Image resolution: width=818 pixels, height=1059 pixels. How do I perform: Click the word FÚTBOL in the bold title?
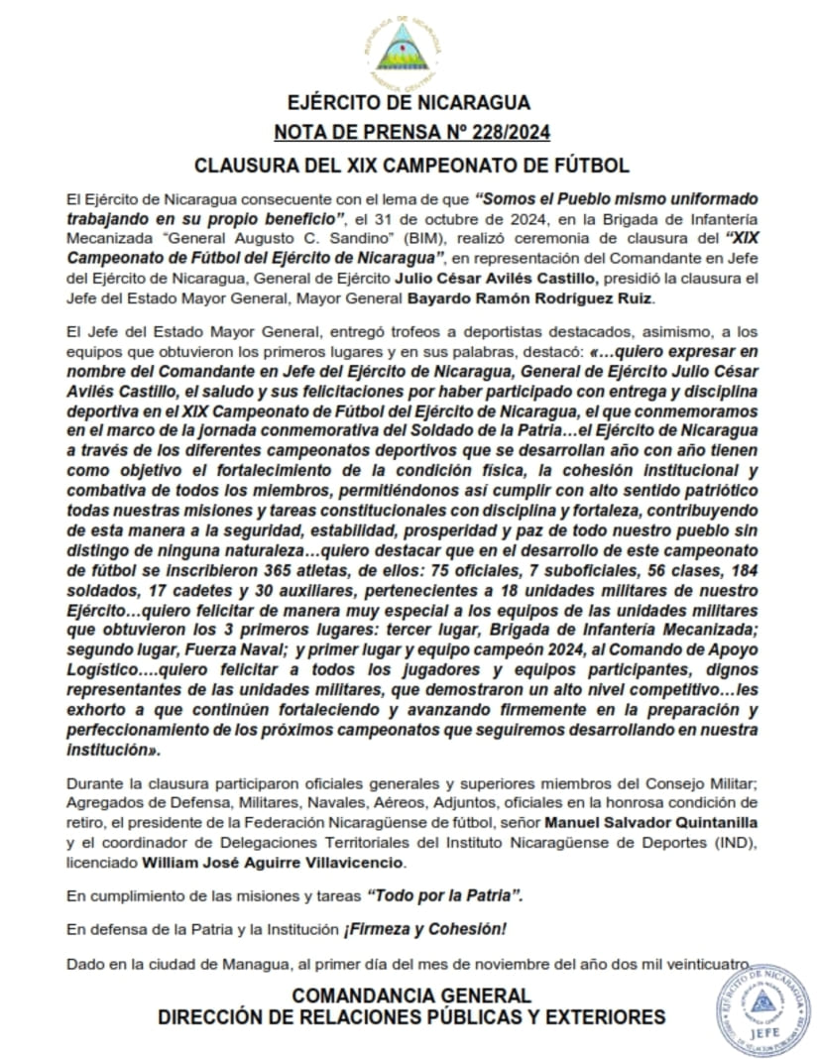coord(586,165)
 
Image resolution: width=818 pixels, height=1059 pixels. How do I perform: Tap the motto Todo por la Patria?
coord(444,895)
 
